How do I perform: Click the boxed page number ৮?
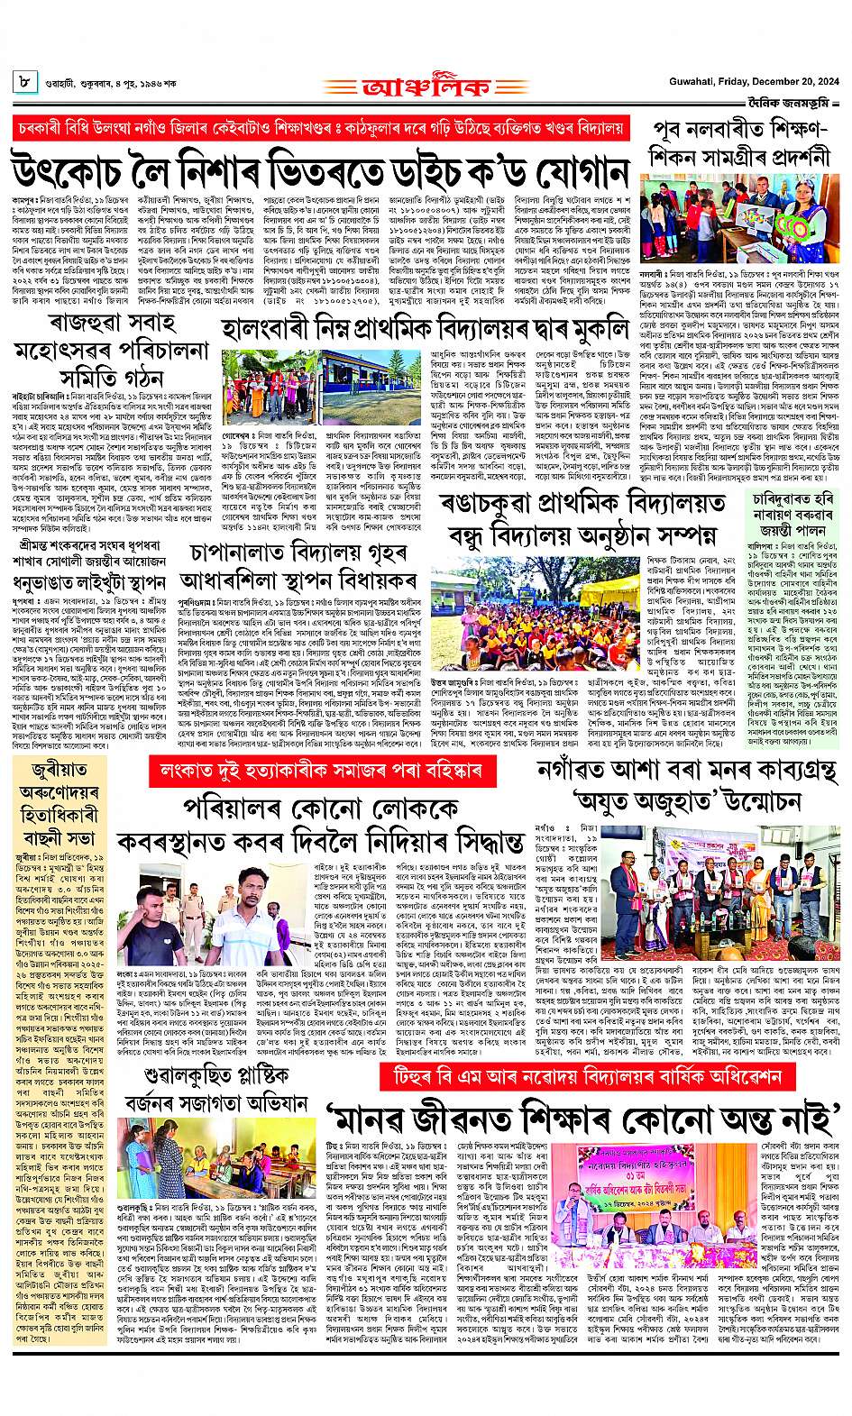[23, 83]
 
